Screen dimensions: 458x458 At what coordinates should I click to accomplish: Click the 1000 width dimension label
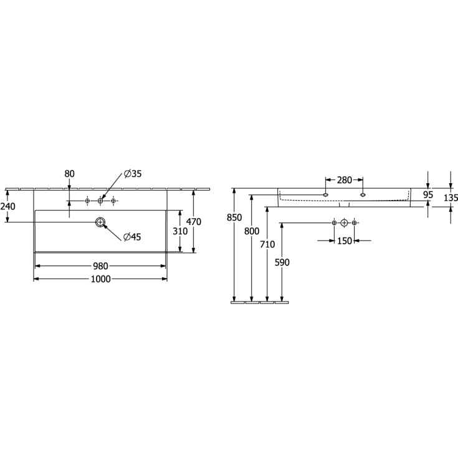[x=101, y=279]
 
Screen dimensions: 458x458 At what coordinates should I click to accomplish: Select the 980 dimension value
[x=100, y=266]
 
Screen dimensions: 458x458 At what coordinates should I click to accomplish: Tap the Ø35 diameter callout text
[x=133, y=174]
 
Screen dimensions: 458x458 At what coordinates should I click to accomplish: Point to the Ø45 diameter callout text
[x=132, y=237]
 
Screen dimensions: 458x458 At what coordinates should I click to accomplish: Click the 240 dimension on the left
[x=8, y=206]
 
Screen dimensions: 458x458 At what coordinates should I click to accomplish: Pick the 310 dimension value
[x=180, y=231]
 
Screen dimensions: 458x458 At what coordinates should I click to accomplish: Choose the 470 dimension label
[x=194, y=222]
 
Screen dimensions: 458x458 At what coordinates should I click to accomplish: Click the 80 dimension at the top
[x=70, y=174]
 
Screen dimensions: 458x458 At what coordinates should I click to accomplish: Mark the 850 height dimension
[x=234, y=217]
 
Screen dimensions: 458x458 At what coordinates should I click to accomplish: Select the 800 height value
[x=252, y=231]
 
